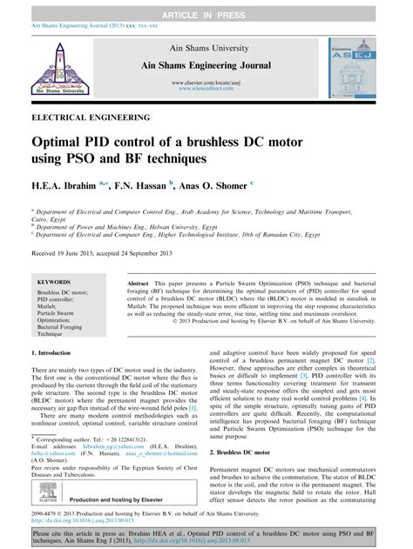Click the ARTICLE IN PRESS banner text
(206, 7)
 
